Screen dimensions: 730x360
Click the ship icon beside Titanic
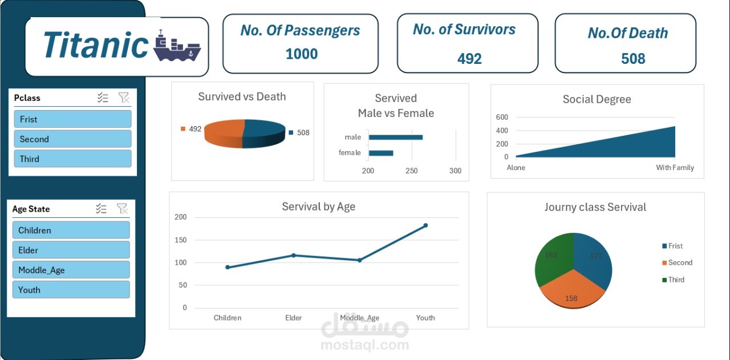click(177, 46)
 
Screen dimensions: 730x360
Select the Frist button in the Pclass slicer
click(72, 119)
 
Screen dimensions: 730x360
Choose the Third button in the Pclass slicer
click(72, 159)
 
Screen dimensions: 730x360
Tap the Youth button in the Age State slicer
click(71, 290)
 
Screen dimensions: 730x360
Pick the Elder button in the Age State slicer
click(71, 250)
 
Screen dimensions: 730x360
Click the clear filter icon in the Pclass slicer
click(124, 98)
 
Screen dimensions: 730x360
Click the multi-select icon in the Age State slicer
click(102, 208)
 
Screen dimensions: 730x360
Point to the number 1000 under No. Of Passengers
click(302, 54)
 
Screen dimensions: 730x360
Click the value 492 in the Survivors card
click(469, 59)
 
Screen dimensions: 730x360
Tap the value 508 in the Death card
click(633, 59)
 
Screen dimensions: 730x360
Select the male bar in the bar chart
click(396, 137)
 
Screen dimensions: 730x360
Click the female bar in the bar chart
click(381, 153)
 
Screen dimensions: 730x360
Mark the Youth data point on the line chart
click(425, 225)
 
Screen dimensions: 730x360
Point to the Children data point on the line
click(228, 267)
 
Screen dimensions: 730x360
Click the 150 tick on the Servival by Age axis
click(181, 240)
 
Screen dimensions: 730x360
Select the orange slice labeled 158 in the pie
click(572, 290)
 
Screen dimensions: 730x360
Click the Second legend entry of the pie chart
click(677, 262)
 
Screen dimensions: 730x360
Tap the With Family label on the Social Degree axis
click(675, 168)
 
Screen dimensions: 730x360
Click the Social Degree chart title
click(597, 99)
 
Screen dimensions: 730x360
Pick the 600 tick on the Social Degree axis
click(502, 117)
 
